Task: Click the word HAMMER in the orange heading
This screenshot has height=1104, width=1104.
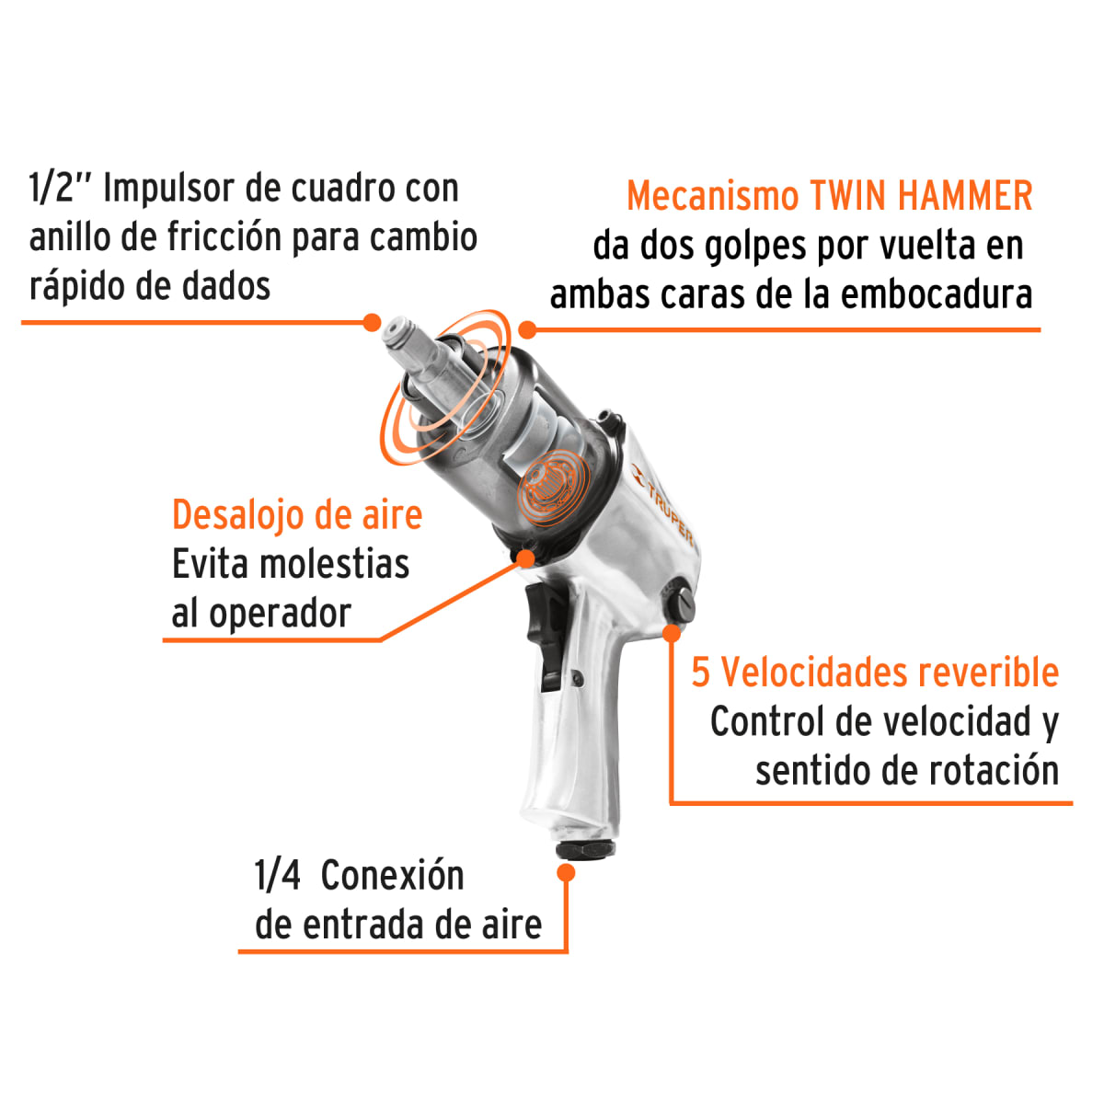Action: pyautogui.click(x=965, y=197)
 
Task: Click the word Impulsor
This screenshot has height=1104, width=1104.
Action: pyautogui.click(x=168, y=189)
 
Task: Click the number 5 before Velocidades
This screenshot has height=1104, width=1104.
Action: pyautogui.click(x=701, y=673)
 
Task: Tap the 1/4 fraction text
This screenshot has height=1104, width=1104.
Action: pyautogui.click(x=277, y=876)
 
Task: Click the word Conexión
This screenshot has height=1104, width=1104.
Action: pyautogui.click(x=393, y=876)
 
